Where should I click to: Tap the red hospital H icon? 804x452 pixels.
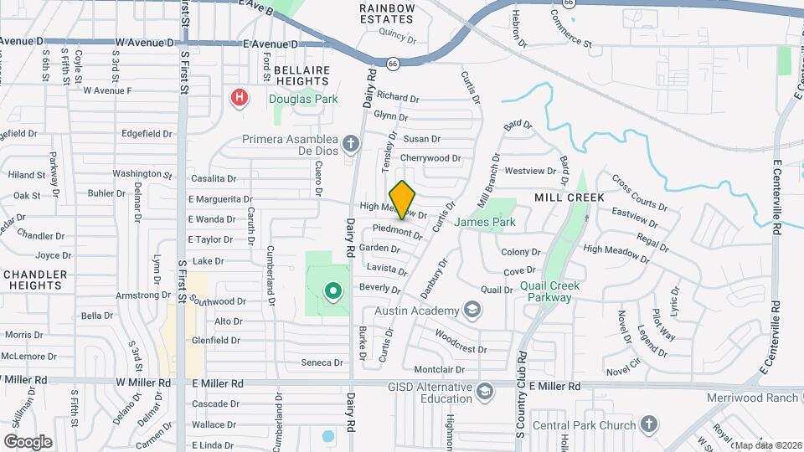(240, 99)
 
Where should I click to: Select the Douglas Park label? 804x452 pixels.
(296, 99)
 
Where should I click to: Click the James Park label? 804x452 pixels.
(485, 223)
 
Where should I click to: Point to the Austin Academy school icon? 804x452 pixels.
(472, 311)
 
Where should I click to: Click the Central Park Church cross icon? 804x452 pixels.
(647, 426)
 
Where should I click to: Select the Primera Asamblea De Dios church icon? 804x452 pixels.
(351, 143)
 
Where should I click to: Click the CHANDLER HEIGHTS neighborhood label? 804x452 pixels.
(33, 280)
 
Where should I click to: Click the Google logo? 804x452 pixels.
(28, 441)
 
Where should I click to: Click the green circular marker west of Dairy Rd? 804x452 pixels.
(333, 291)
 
